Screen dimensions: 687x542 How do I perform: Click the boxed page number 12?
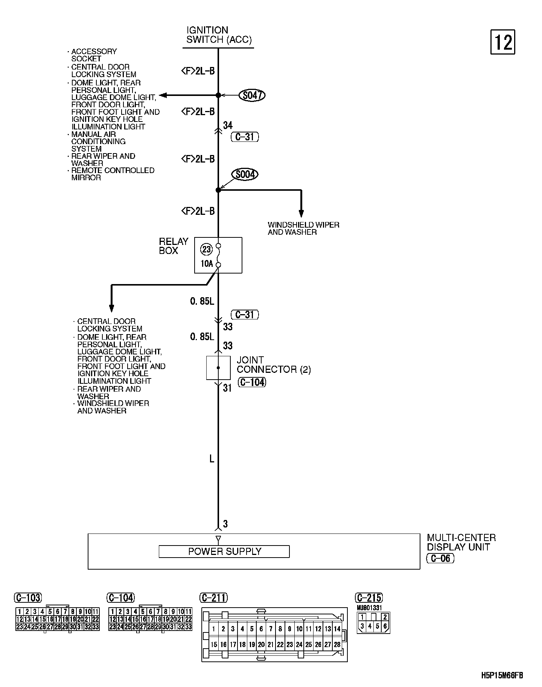click(502, 42)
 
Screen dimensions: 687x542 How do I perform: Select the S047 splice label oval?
click(252, 96)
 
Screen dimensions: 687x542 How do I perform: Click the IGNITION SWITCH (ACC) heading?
click(219, 35)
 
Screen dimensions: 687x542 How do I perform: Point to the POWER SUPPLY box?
click(224, 552)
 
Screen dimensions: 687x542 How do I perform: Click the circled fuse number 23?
click(207, 249)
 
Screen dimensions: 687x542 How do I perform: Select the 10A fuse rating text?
click(207, 264)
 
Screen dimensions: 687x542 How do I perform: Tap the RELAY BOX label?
click(174, 246)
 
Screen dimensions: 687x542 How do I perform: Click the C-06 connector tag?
click(440, 558)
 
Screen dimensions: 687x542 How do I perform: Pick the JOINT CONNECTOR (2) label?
click(274, 365)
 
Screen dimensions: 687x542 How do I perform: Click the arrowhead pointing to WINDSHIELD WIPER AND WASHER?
click(301, 213)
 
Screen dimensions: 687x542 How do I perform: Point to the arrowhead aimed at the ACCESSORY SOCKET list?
click(163, 96)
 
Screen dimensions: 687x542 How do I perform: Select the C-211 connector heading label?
click(214, 598)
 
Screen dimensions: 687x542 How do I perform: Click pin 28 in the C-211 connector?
click(337, 644)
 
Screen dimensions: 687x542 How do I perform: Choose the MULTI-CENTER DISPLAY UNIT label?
click(461, 542)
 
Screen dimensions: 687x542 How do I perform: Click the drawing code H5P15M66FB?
click(502, 675)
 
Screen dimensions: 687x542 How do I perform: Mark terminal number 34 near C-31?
click(228, 125)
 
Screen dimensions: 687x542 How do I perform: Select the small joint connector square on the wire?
click(218, 368)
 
